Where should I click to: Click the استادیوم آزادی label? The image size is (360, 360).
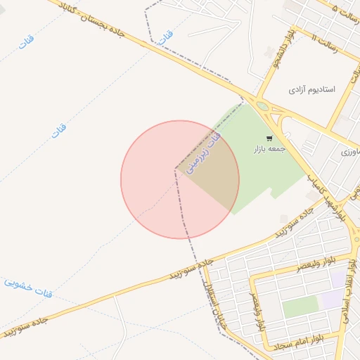(313, 90)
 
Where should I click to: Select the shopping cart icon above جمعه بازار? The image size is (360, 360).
(269, 139)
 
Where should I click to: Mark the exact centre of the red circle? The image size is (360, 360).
(180, 179)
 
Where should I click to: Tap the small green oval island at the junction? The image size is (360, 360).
(263, 106)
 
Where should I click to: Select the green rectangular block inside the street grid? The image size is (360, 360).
(300, 307)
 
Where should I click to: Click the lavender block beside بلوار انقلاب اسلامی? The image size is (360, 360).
(330, 301)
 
